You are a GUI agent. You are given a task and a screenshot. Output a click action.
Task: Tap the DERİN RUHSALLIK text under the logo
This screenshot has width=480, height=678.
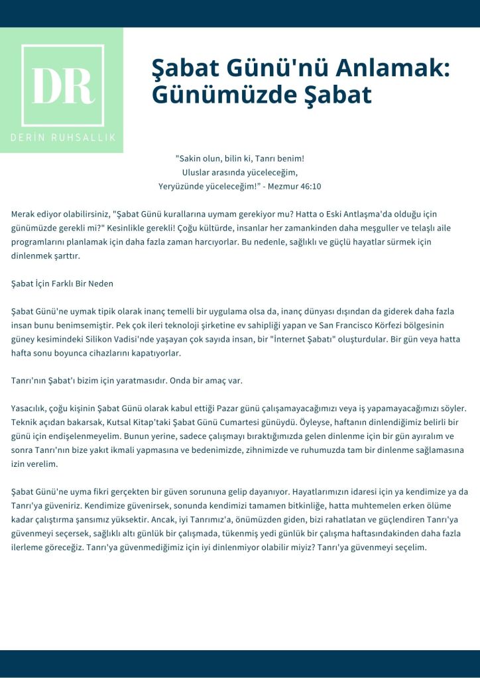(62, 137)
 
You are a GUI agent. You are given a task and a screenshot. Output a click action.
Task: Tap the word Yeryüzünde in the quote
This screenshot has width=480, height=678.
(181, 186)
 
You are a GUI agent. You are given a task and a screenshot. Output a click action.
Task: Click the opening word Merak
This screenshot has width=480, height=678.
(23, 215)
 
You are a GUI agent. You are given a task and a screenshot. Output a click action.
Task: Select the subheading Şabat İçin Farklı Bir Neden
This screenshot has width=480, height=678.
(62, 283)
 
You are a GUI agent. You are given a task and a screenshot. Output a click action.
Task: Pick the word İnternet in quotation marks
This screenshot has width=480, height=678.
(306, 339)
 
